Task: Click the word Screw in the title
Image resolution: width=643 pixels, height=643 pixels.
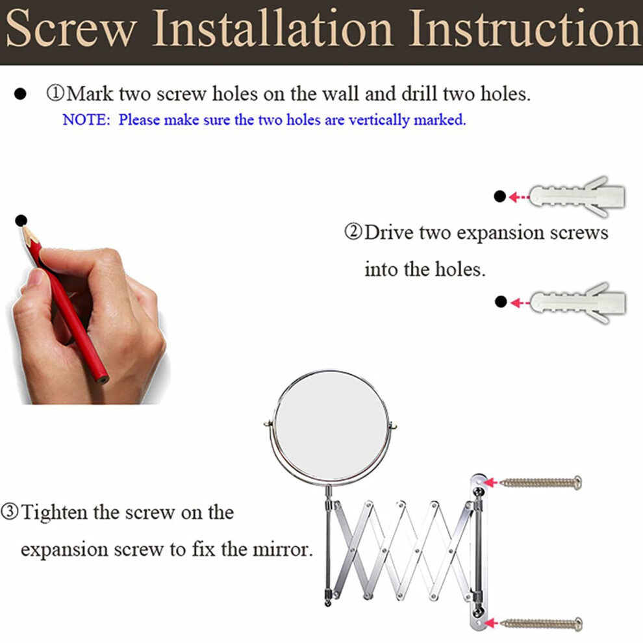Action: pyautogui.click(x=71, y=29)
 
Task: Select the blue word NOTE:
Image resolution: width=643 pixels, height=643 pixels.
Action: pyautogui.click(x=86, y=120)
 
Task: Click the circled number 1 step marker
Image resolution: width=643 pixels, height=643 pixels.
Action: pyautogui.click(x=55, y=93)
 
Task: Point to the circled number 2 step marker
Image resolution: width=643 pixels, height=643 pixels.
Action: pyautogui.click(x=353, y=232)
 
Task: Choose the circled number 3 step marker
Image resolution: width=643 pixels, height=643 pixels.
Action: pyautogui.click(x=10, y=511)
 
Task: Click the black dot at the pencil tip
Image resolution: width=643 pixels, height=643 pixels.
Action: pyautogui.click(x=21, y=221)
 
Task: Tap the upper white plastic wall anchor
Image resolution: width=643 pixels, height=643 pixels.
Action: pyautogui.click(x=577, y=197)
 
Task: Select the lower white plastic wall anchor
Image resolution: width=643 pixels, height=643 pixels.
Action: pyautogui.click(x=578, y=303)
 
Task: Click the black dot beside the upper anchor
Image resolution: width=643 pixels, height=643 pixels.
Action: pyautogui.click(x=500, y=196)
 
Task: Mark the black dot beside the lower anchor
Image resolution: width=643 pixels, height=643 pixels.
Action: pyautogui.click(x=501, y=302)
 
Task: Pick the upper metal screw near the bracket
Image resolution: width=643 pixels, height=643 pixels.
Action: pyautogui.click(x=541, y=482)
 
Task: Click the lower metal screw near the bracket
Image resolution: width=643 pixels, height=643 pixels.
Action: pyautogui.click(x=541, y=624)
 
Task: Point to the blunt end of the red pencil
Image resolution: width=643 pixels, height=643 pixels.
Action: pyautogui.click(x=102, y=379)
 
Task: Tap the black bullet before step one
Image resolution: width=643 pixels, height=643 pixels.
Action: pyautogui.click(x=20, y=94)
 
